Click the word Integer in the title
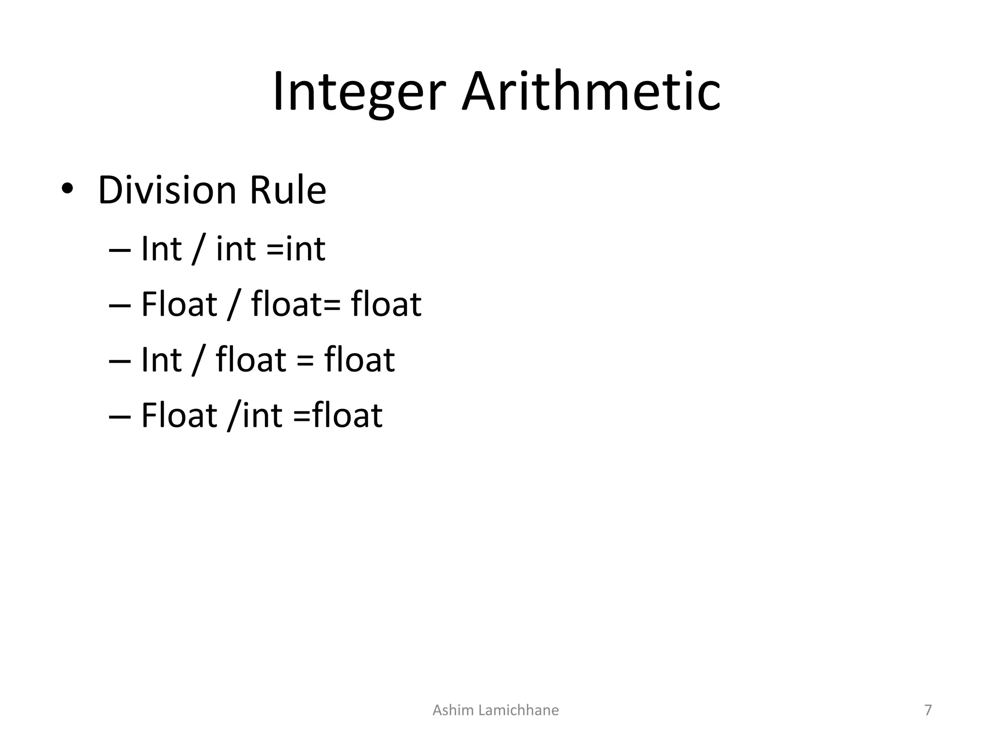pyautogui.click(x=358, y=92)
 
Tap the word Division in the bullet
pyautogui.click(x=167, y=190)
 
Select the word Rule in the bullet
pyautogui.click(x=288, y=190)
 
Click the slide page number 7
pyautogui.click(x=928, y=710)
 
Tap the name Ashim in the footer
pyautogui.click(x=453, y=710)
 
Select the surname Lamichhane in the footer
pyautogui.click(x=518, y=710)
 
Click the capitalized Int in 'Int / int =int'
pyautogui.click(x=161, y=249)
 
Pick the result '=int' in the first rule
pyautogui.click(x=295, y=249)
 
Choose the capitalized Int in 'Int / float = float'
pyautogui.click(x=161, y=360)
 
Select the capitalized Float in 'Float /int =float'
pyautogui.click(x=179, y=415)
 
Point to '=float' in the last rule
pyautogui.click(x=338, y=415)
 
